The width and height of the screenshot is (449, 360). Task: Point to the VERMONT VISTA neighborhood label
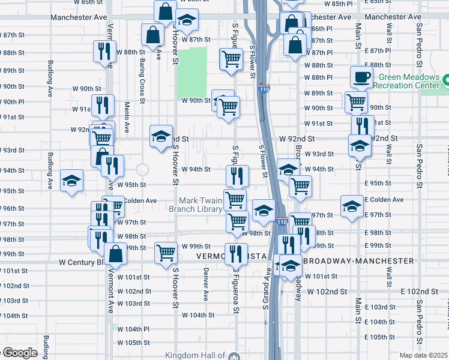(x=231, y=256)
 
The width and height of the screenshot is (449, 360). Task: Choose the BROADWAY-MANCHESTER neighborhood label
(x=358, y=261)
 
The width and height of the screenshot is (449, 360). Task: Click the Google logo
(x=19, y=353)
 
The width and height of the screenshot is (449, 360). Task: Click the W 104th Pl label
(x=133, y=329)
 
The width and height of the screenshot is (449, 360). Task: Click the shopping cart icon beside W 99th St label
(x=166, y=253)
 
